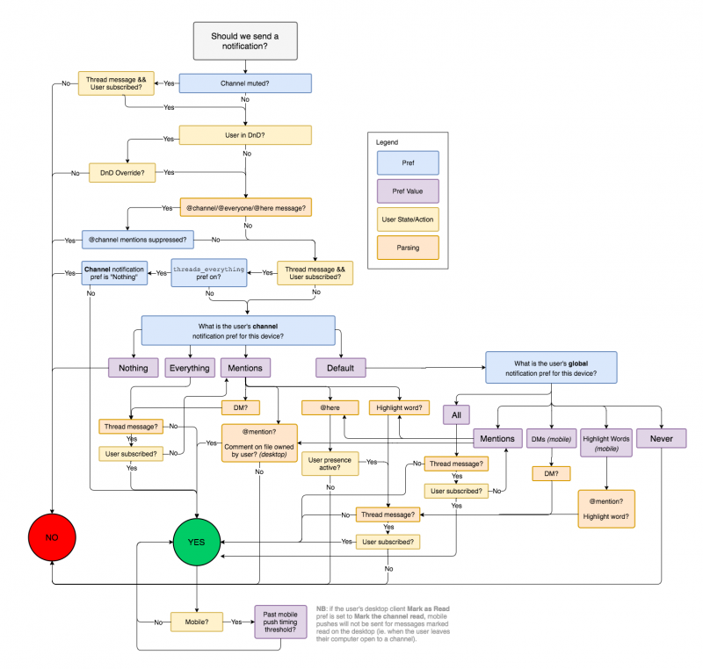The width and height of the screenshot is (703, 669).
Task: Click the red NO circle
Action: click(x=52, y=537)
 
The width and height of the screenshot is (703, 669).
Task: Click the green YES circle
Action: click(x=196, y=542)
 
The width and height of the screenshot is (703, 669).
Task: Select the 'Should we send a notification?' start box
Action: click(x=245, y=41)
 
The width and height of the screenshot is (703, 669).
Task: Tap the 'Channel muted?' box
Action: click(x=245, y=83)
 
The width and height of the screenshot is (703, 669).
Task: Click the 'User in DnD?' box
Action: click(x=245, y=135)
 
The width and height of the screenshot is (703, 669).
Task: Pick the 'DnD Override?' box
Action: click(x=122, y=173)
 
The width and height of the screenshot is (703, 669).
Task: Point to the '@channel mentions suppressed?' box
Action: click(x=138, y=240)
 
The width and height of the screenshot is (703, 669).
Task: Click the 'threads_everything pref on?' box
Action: click(x=209, y=273)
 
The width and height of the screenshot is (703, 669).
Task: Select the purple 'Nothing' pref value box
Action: click(x=134, y=368)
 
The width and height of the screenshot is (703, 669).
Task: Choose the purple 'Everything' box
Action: click(x=190, y=368)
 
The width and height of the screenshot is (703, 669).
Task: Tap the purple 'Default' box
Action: click(x=341, y=368)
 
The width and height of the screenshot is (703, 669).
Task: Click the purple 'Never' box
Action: click(x=662, y=438)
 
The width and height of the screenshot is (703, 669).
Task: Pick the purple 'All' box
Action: click(x=456, y=414)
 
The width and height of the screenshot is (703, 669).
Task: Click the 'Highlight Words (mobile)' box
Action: click(x=606, y=442)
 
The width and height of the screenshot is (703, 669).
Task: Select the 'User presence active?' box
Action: click(x=330, y=464)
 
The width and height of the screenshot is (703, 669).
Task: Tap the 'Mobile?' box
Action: click(x=197, y=622)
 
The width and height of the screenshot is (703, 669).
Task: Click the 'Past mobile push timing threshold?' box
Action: click(x=280, y=622)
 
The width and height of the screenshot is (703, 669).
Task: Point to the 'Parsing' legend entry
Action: click(x=408, y=248)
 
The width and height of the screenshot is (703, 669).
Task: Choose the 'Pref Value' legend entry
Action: click(x=408, y=191)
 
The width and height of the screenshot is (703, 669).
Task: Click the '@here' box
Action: click(x=330, y=407)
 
